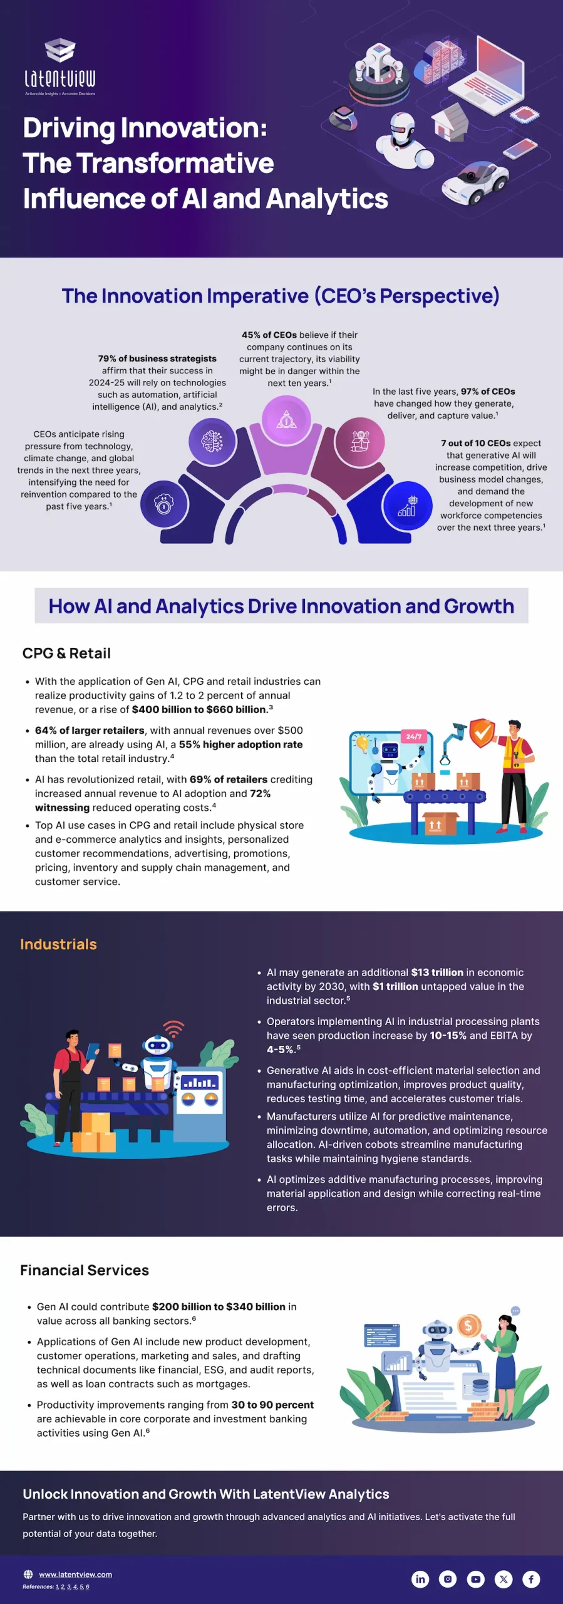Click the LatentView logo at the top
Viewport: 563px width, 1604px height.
(x=60, y=68)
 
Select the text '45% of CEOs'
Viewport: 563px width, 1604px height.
(x=269, y=335)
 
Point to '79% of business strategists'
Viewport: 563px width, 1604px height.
(x=157, y=359)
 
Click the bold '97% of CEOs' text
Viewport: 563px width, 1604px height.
(x=488, y=392)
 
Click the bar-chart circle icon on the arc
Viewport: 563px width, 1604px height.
(x=407, y=506)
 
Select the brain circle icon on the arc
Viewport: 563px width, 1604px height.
(x=212, y=442)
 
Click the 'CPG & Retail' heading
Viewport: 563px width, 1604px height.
(x=66, y=654)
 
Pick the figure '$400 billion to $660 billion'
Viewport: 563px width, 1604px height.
(x=199, y=710)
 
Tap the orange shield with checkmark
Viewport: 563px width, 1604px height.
(x=482, y=733)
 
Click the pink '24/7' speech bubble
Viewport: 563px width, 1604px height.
(x=414, y=737)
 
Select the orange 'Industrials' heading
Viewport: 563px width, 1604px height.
(x=58, y=944)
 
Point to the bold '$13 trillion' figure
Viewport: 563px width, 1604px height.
(x=437, y=972)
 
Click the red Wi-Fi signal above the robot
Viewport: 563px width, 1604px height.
(x=173, y=1029)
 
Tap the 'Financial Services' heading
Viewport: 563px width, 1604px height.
(x=85, y=1270)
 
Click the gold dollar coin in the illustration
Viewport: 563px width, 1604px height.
(x=468, y=1325)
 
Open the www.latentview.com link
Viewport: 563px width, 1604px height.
(x=75, y=1575)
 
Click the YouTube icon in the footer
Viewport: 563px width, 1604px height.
(x=476, y=1579)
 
